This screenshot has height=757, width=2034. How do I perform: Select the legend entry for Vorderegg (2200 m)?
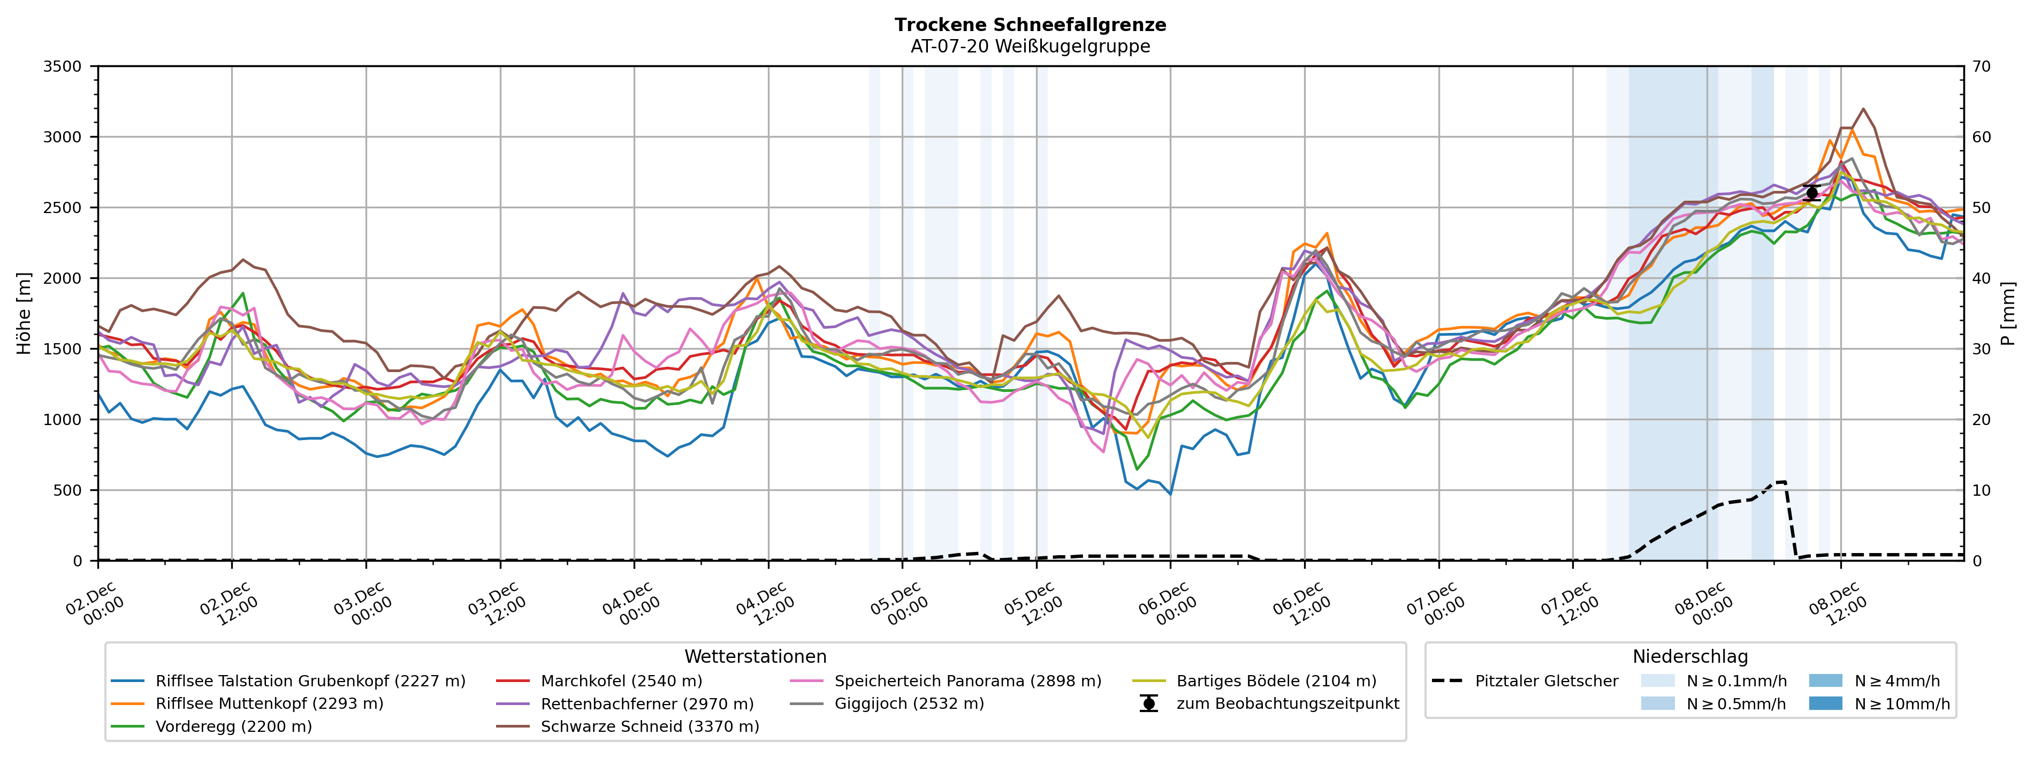tap(234, 726)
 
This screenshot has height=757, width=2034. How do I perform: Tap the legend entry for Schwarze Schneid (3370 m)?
tap(649, 726)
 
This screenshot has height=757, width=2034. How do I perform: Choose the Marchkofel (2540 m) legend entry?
tap(621, 680)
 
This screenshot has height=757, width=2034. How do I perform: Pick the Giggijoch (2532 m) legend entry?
tap(909, 703)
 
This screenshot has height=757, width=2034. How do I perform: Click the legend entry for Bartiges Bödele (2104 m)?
tap(1276, 680)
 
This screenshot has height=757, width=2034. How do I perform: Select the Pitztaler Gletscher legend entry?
tap(1546, 680)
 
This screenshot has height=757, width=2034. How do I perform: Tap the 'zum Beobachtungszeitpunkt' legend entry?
tap(1287, 703)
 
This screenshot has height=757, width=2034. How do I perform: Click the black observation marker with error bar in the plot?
tap(1812, 193)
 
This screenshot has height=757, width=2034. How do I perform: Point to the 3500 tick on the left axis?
tap(63, 66)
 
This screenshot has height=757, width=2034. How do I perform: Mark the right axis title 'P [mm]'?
tap(2008, 313)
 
